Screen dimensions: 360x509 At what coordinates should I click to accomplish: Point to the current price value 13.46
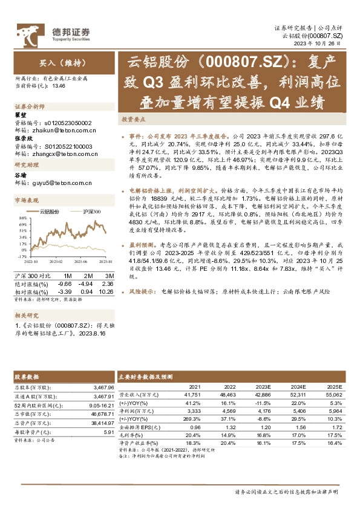pos(59,86)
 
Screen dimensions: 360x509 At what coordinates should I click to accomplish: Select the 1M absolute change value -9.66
pos(65,284)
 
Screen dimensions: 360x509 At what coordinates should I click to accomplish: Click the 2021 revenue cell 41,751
pos(192,394)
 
